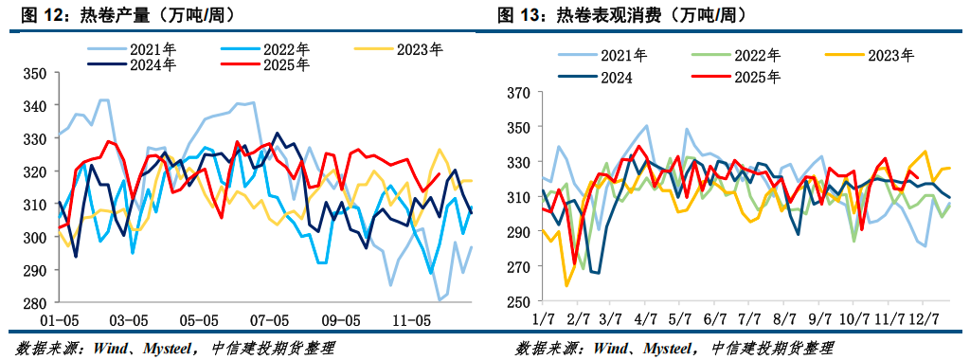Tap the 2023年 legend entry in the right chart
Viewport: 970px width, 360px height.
tap(889, 56)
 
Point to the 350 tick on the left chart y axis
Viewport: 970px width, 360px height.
tap(34, 74)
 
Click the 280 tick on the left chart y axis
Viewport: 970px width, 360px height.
tap(34, 303)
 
